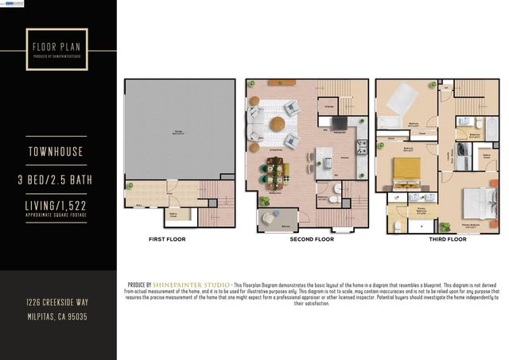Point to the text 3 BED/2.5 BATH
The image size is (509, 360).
pos(58,180)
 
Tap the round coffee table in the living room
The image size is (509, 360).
pos(277,124)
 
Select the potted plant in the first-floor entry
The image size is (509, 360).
pos(130,186)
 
